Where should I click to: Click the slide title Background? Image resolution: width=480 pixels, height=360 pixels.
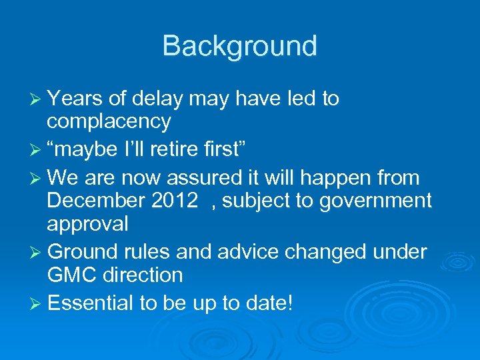click(x=239, y=46)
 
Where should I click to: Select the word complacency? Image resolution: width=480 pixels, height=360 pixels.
click(x=109, y=122)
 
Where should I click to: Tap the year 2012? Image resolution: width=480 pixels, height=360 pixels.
click(x=174, y=200)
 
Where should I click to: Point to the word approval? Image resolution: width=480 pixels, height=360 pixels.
click(x=87, y=224)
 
